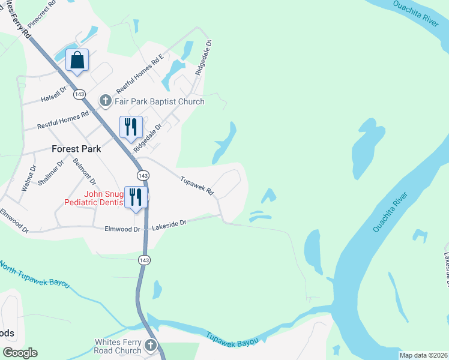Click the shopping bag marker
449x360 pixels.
[x=77, y=61]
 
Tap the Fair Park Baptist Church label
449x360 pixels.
[x=160, y=101]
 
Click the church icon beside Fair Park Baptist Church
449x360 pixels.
[x=106, y=100]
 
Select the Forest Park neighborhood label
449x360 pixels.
[x=74, y=148]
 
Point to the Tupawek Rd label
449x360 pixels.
[x=197, y=185]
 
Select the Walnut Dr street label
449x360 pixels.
[x=28, y=178]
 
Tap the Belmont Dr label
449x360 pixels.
[x=84, y=170]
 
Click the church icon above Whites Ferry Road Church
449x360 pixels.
[x=150, y=346]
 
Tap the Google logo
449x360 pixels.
[x=20, y=353]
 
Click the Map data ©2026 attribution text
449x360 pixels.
[x=424, y=355]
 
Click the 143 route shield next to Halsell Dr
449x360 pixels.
[x=80, y=95]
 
